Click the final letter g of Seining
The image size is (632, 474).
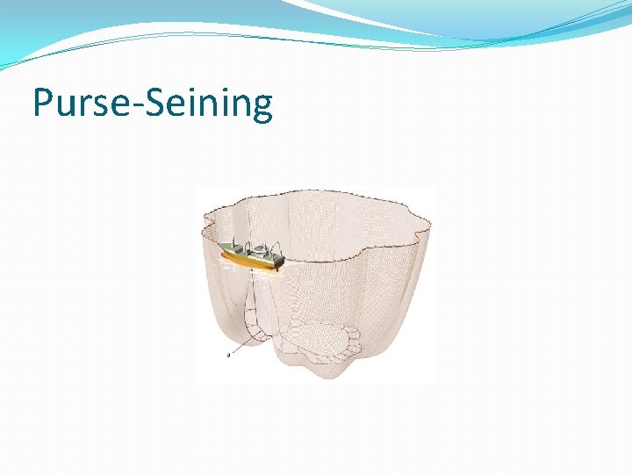coord(261,108)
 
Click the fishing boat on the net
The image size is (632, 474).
coord(251,255)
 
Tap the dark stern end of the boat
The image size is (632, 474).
coord(279,262)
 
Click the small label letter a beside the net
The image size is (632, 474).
coord(228,355)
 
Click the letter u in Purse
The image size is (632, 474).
coord(64,107)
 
